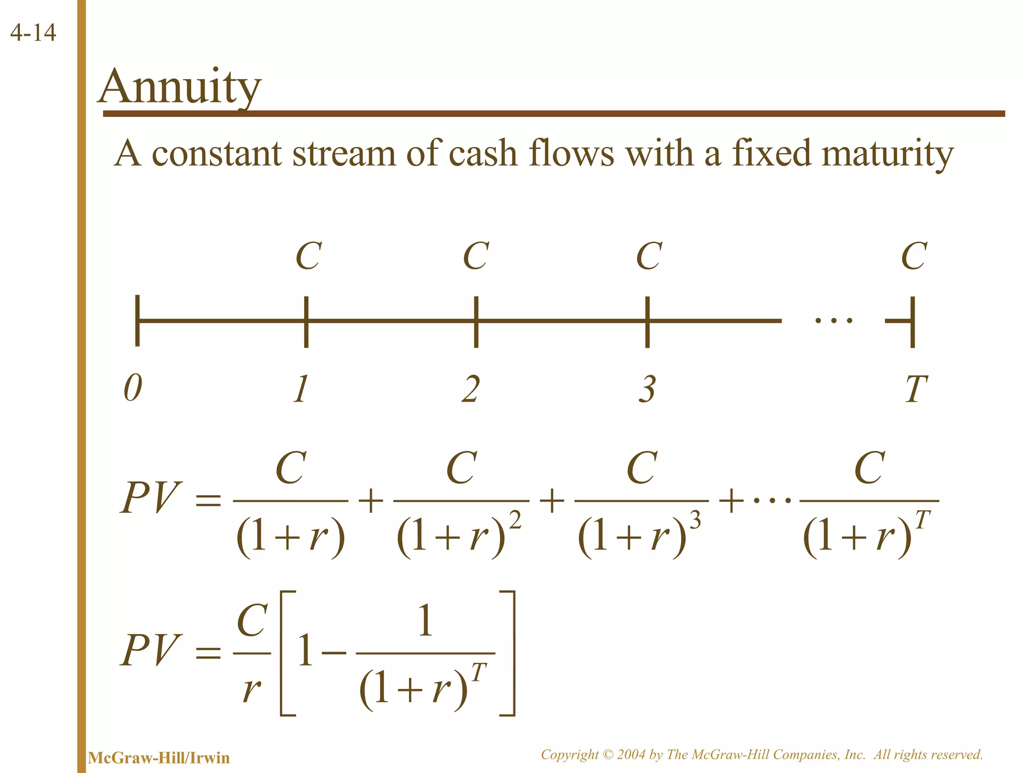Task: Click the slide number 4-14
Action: pos(33,33)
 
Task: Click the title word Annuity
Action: pos(180,87)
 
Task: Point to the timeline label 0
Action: pos(133,389)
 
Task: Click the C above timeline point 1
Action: pos(308,256)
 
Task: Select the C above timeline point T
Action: pos(914,256)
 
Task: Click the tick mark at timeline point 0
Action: pos(137,321)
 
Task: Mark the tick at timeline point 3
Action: pos(647,322)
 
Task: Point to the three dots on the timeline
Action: pos(834,320)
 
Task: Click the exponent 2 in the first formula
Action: pos(515,520)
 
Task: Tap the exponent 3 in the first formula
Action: pos(695,520)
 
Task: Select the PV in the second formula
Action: pos(150,650)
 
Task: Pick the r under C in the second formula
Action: pos(251,689)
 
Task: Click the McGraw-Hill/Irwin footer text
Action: pos(159,757)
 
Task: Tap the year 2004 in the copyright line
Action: pos(631,754)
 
